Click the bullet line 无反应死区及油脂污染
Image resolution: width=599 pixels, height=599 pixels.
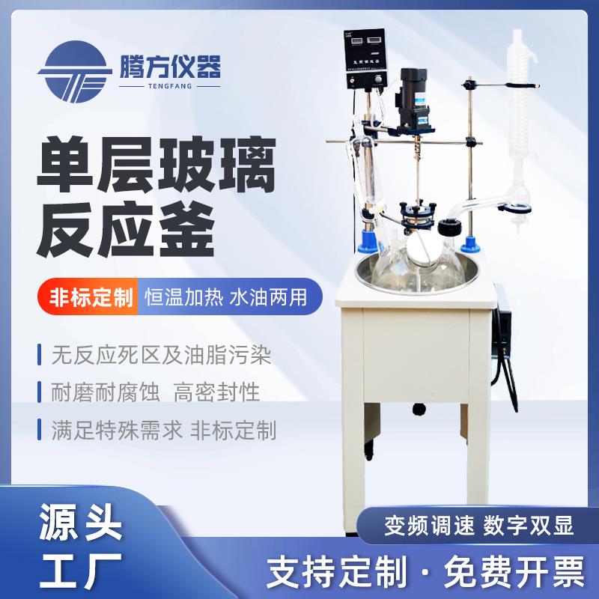pyautogui.click(x=162, y=353)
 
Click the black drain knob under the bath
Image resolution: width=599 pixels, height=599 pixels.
pyautogui.click(x=419, y=409)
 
